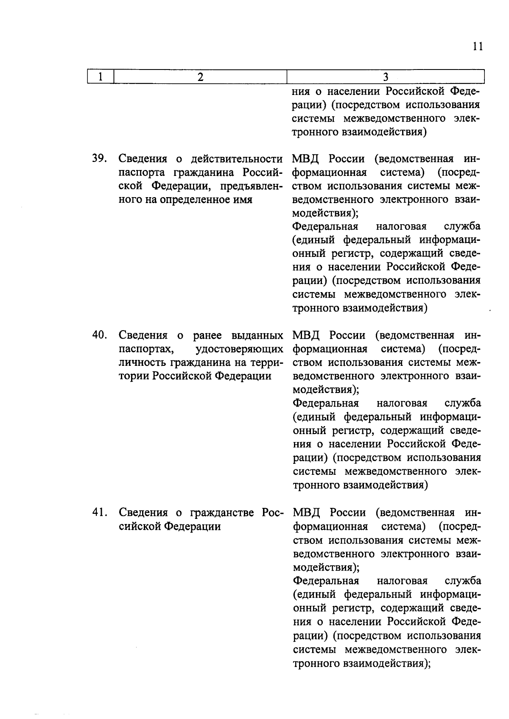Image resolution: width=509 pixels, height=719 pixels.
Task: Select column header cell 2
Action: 200,77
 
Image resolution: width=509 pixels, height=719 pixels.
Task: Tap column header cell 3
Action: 385,77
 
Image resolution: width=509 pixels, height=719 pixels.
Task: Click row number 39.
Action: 99,159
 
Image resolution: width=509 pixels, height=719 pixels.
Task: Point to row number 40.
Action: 99,335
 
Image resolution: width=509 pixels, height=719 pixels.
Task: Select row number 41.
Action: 99,513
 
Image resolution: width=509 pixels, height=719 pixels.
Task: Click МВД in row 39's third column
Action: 305,159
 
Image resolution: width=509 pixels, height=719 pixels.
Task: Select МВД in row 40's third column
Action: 305,336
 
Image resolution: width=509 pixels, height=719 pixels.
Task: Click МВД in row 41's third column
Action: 305,513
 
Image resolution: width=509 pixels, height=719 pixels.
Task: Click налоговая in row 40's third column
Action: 402,403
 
